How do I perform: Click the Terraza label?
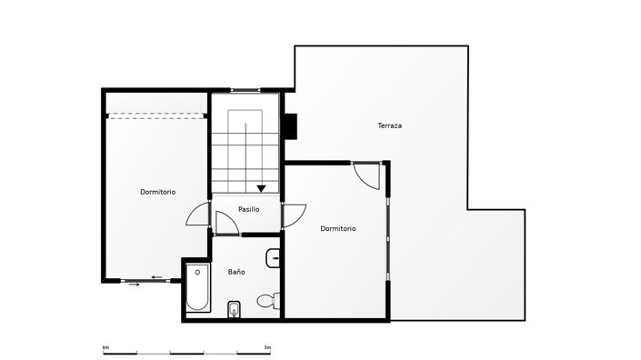point(390,125)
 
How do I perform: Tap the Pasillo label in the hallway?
point(248,209)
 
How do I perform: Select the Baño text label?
point(236,272)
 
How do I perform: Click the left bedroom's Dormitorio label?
point(158,192)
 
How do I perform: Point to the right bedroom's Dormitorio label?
point(338,228)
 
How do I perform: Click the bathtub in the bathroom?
point(197,288)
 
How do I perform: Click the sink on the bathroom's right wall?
point(275,259)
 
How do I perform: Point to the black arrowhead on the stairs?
point(262,188)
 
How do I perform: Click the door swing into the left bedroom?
point(198,215)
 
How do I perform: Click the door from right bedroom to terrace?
point(367,175)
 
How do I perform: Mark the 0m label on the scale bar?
point(105,347)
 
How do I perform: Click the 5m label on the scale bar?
point(266,347)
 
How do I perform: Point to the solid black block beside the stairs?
point(290,126)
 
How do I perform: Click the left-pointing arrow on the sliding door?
point(157,277)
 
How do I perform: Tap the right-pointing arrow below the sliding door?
point(135,285)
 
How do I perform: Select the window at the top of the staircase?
point(245,90)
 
